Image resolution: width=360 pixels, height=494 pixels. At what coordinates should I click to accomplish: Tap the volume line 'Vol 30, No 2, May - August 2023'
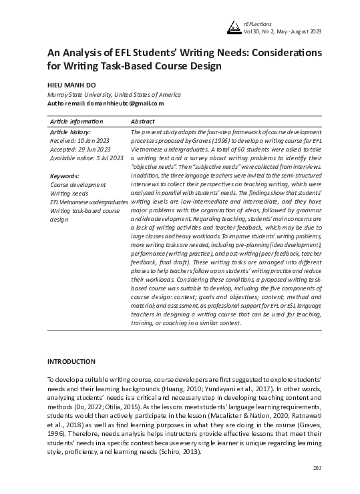point(284,31)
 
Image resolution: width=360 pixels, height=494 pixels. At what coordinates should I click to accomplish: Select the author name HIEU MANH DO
point(71,84)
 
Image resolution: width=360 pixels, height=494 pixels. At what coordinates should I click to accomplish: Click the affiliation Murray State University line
point(104,95)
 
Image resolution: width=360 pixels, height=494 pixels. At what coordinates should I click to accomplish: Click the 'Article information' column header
point(77,121)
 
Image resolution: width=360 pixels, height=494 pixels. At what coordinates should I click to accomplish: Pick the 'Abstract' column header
point(143,121)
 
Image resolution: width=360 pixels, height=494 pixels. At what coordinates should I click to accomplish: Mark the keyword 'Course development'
point(78,184)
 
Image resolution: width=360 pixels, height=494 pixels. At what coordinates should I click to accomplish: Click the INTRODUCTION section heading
point(71,361)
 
